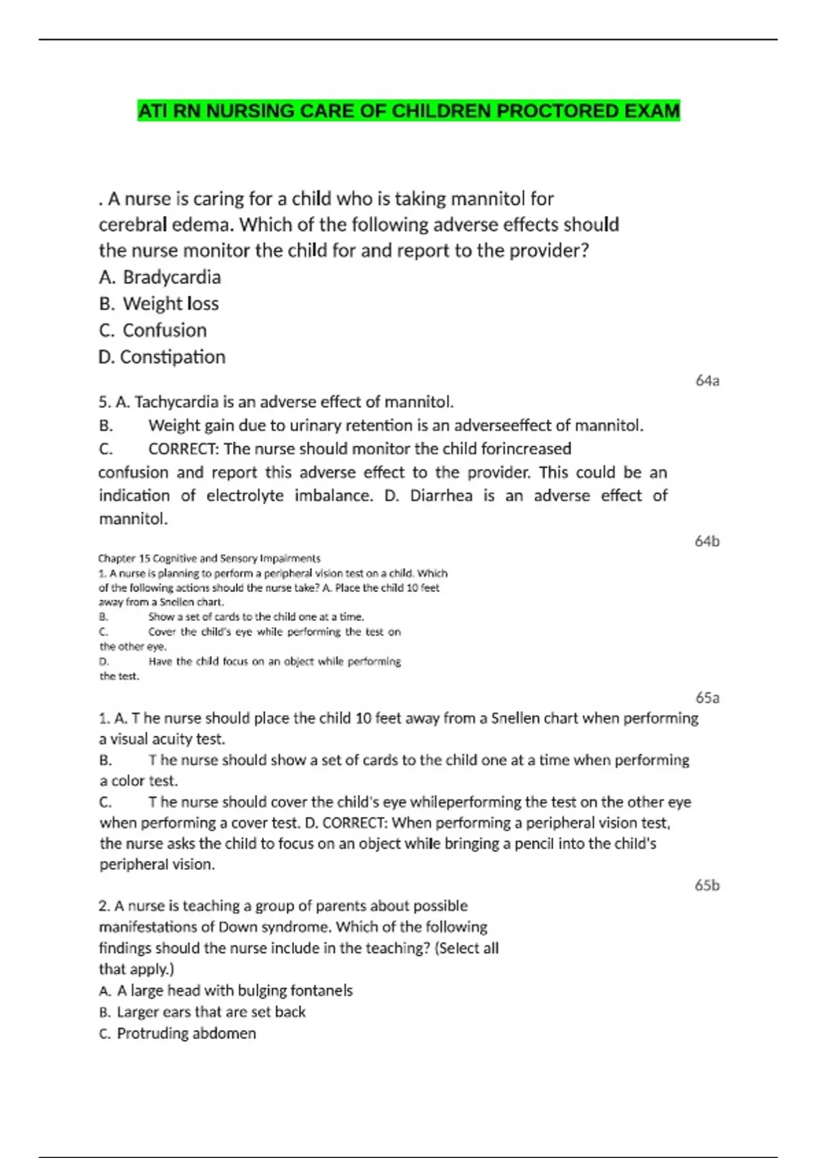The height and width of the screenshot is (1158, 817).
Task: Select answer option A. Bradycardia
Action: (160, 277)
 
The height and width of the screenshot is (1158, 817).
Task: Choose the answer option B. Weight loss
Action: (159, 304)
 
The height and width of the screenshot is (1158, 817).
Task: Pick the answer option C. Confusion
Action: (153, 330)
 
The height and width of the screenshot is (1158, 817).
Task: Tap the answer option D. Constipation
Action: (162, 357)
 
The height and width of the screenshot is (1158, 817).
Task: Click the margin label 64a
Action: (707, 381)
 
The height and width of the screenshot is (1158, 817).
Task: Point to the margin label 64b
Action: (707, 542)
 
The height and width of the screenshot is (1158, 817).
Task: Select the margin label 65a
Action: (707, 698)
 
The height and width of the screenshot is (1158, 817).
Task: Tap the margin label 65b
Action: (707, 886)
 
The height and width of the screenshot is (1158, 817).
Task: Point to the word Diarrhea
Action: (440, 496)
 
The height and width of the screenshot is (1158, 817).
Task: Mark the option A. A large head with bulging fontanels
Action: (226, 990)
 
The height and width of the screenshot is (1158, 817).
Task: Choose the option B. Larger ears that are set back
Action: (202, 1012)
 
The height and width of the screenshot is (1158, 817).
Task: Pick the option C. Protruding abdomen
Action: (178, 1033)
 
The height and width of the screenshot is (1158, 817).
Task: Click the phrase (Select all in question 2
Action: (466, 948)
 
